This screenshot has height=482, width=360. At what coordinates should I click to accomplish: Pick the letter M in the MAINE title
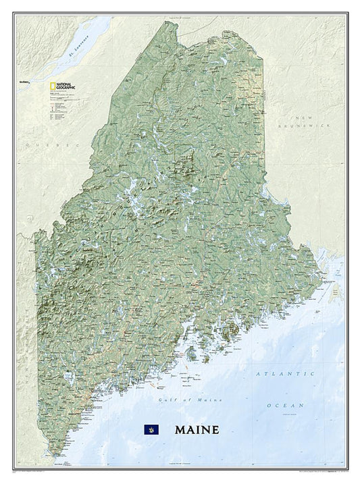180,429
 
